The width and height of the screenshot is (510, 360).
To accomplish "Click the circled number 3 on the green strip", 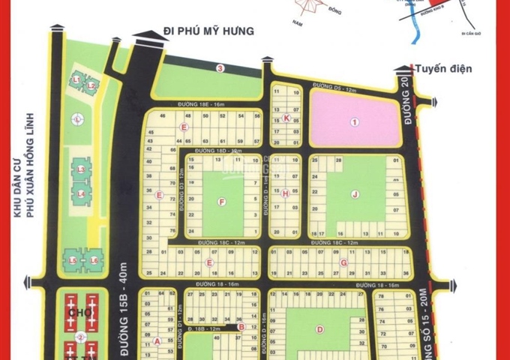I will coord(220,69).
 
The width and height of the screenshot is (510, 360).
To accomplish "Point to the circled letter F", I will coord(221,202).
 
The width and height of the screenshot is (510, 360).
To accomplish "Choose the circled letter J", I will coord(354,195).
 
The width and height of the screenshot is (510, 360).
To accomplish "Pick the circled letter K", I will coord(286,118).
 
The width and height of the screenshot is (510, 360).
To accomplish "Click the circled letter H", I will coord(286,193).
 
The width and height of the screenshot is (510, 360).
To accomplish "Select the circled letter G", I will coord(342,262).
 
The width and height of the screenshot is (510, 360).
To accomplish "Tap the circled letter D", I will coord(319,328).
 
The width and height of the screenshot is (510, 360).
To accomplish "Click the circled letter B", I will coord(240,326).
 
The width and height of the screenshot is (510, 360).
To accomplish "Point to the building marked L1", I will coord(77,79).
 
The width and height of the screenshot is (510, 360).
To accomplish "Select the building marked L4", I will coord(79,194).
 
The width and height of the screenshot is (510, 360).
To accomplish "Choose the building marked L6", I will coord(94,259).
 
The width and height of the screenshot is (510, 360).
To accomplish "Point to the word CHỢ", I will coord(73,310).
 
